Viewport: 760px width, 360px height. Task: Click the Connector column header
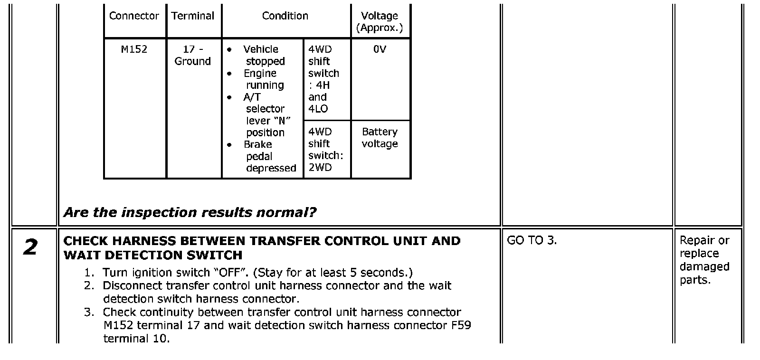tap(134, 16)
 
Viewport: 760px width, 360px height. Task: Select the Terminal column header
tap(192, 16)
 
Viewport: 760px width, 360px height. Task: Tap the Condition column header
tap(285, 16)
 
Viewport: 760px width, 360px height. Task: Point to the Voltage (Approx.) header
tap(380, 22)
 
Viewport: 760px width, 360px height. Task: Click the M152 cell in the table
tap(134, 49)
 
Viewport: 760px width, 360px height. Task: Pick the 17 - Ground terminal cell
tap(192, 55)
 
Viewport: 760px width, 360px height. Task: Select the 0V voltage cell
tap(380, 49)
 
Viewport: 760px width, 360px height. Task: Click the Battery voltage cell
tap(380, 138)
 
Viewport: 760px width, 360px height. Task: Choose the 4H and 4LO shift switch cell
tap(323, 79)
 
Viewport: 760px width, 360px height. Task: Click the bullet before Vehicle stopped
tap(229, 50)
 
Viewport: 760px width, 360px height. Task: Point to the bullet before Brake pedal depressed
tap(229, 145)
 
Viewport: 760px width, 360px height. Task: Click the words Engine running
tap(264, 79)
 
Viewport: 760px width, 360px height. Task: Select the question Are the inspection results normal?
tap(190, 212)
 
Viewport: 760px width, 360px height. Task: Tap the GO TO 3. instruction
tap(532, 240)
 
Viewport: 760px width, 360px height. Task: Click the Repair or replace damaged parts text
tap(704, 260)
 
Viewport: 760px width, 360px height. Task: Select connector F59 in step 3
tap(461, 325)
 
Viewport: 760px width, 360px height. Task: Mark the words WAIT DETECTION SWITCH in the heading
tap(153, 255)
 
